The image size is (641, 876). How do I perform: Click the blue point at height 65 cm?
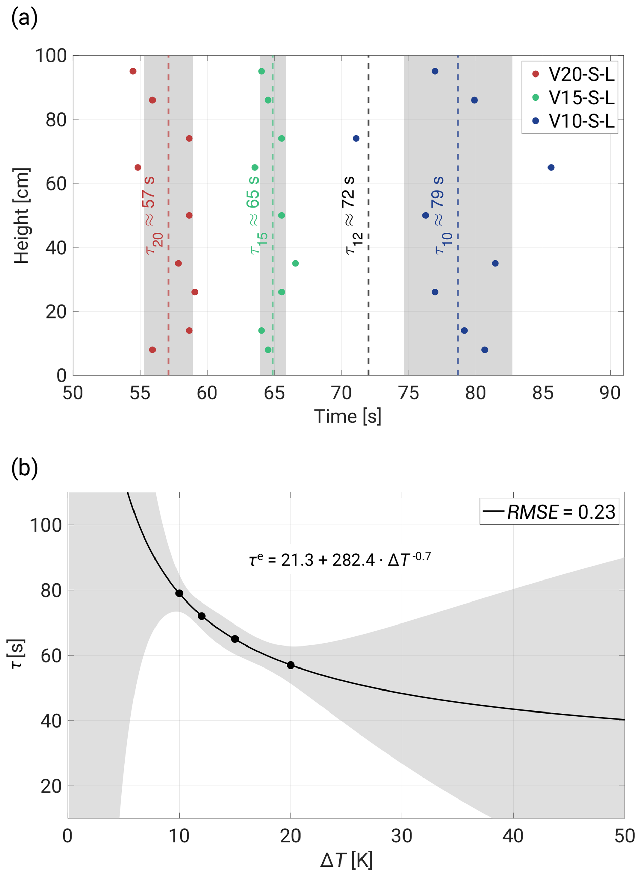tap(551, 168)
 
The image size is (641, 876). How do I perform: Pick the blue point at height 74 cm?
tap(356, 139)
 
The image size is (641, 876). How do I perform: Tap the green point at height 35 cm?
tap(296, 264)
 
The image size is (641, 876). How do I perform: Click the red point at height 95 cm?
tap(133, 71)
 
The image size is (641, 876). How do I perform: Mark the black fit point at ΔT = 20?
tap(291, 665)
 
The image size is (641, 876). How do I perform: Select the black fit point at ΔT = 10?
tap(179, 593)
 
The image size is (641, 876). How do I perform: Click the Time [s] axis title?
tap(348, 417)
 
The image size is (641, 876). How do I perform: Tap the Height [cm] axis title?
tap(22, 216)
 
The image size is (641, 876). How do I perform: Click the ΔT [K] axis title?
tap(347, 859)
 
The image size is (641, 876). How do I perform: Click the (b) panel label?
tap(24, 468)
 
